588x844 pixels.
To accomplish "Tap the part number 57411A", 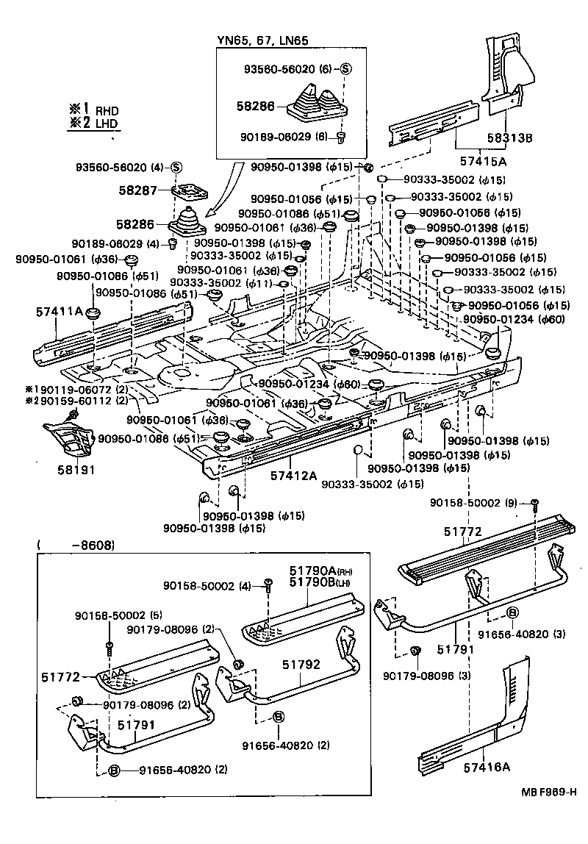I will [x=60, y=312].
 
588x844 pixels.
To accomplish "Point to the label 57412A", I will [x=292, y=476].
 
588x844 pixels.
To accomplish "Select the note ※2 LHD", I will [x=94, y=124].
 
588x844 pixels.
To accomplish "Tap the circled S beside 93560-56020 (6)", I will [x=346, y=70].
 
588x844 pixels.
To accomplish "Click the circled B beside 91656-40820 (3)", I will [x=512, y=613].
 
